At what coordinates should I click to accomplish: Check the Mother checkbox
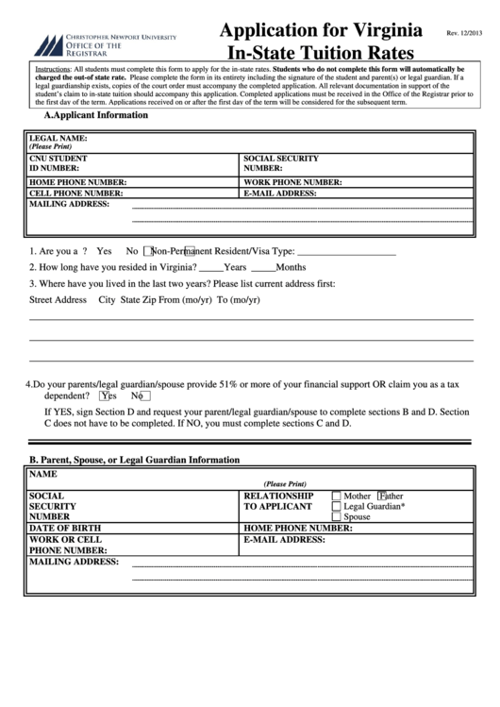[336, 496]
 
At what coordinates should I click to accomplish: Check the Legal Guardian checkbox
[336, 506]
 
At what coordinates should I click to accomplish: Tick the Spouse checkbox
[336, 517]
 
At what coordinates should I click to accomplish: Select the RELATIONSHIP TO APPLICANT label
[278, 500]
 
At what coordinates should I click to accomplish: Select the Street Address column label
[58, 299]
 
